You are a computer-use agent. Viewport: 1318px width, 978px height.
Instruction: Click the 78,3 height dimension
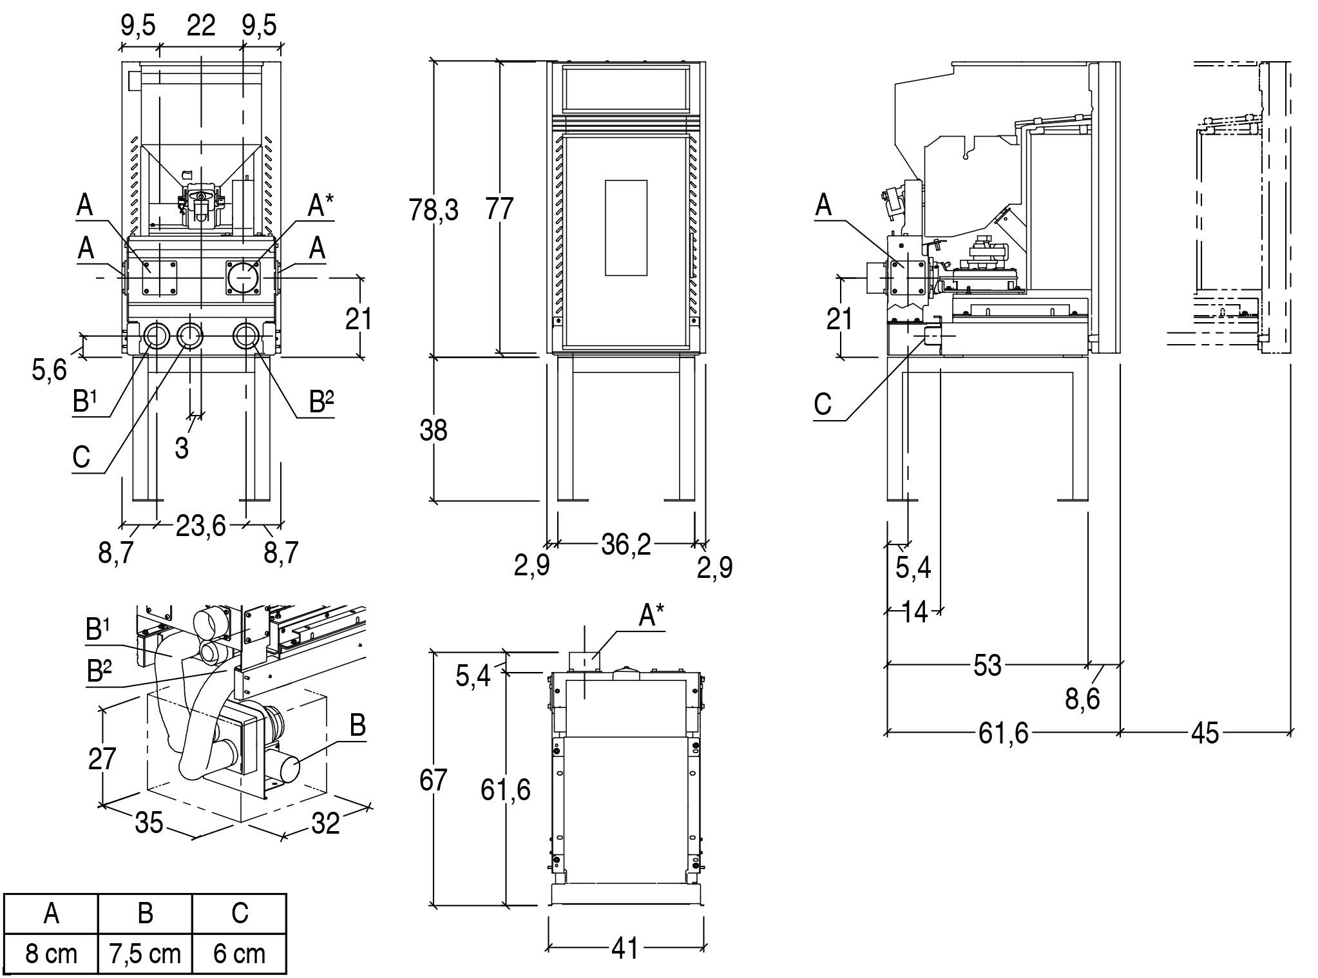coord(433,210)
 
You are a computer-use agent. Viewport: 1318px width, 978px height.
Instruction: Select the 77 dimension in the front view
coord(499,209)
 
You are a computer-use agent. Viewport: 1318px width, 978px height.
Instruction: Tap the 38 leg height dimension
coord(433,430)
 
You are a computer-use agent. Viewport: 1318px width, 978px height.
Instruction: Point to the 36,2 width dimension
coord(626,545)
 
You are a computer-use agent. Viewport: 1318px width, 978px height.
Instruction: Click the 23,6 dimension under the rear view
coord(200,526)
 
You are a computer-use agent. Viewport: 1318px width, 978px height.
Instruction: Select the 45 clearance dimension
coord(1205,733)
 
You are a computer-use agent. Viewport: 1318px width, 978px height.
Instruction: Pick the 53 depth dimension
coord(987,666)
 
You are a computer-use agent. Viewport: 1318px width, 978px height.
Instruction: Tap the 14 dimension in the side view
coord(915,612)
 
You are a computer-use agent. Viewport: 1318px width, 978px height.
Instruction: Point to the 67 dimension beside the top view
coord(433,780)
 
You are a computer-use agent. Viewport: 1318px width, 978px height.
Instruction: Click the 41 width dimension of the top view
coord(624,948)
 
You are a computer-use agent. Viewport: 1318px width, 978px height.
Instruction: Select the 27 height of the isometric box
coord(102,758)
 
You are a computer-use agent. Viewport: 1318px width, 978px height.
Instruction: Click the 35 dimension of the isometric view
coord(149,823)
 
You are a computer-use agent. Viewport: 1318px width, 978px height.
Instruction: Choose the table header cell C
coord(239,913)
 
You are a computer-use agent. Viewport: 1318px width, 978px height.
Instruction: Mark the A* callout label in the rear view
coord(320,206)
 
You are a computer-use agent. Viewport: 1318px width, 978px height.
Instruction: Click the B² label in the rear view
coord(321,402)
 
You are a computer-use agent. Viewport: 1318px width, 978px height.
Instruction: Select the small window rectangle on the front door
coord(626,228)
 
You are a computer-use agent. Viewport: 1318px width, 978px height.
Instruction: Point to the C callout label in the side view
coord(823,405)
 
